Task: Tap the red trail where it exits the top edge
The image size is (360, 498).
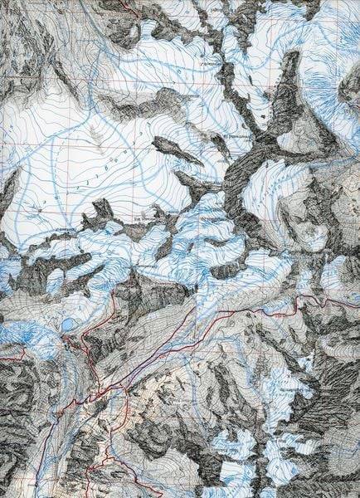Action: [x=124, y=3]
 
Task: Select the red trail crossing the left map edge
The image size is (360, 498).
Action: [x=3, y=358]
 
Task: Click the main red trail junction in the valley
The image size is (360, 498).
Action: [x=100, y=390]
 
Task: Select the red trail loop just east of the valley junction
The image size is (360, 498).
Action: [x=120, y=407]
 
